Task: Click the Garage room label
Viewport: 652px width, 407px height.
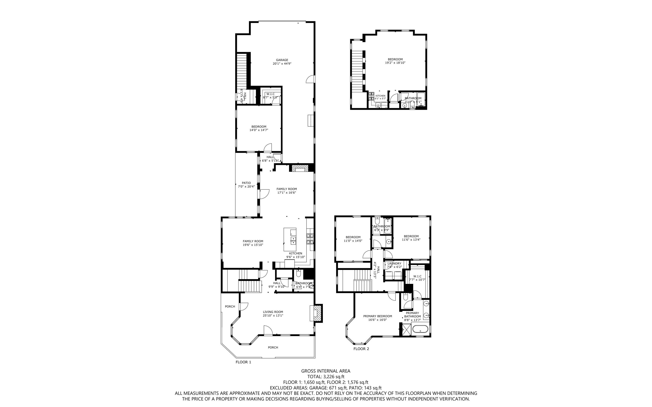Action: [282, 60]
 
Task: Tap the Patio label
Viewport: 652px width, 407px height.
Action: [246, 183]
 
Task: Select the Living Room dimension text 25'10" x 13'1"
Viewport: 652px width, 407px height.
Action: [273, 316]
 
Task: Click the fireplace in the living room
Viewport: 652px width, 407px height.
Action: [316, 313]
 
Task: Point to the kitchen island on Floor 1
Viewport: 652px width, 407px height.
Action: [290, 239]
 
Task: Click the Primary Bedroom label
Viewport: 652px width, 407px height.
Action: [378, 316]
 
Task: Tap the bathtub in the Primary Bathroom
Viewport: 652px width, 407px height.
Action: [420, 330]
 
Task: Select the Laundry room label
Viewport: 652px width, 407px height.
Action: [394, 263]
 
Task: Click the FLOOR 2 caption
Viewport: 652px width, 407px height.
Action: [361, 349]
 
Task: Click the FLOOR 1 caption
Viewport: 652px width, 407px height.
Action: [243, 362]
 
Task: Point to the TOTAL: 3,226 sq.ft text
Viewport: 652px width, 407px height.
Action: [326, 376]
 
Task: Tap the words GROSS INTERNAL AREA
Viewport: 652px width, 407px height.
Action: [326, 371]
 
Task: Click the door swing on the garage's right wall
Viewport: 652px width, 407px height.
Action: [310, 79]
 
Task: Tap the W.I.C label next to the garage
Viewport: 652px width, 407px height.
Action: [270, 94]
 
